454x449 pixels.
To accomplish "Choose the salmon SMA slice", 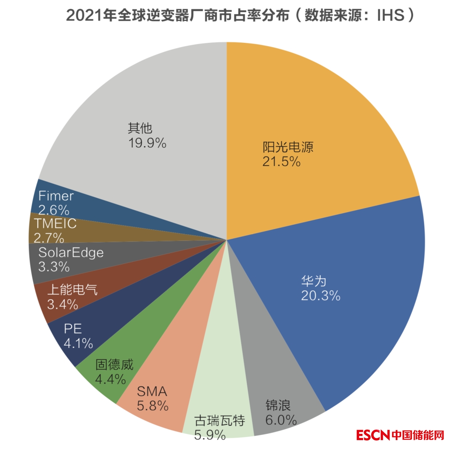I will click(x=168, y=378).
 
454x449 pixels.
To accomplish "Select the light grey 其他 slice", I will click(x=139, y=105).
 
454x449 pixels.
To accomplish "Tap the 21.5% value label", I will click(x=281, y=161).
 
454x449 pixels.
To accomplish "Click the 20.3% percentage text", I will click(x=320, y=296).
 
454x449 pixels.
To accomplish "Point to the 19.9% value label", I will click(x=147, y=143).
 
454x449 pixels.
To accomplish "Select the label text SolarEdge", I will click(x=71, y=253).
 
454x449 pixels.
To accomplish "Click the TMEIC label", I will click(x=55, y=224).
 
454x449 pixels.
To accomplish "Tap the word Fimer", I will click(x=56, y=196).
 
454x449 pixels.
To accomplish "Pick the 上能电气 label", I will click(x=71, y=290).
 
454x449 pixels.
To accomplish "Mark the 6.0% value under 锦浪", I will click(x=281, y=420).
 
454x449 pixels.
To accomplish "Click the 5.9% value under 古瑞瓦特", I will click(x=210, y=435).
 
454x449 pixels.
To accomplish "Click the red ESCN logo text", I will click(x=373, y=435).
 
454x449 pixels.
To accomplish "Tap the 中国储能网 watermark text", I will click(x=418, y=435).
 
